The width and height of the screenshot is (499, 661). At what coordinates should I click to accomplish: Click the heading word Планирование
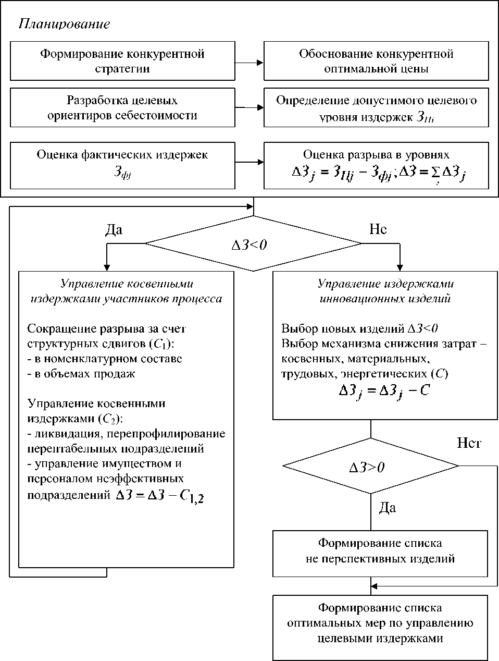64,24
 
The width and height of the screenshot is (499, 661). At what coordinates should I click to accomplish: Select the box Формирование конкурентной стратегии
122,61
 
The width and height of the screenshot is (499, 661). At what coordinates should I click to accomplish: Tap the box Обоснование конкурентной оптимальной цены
376,61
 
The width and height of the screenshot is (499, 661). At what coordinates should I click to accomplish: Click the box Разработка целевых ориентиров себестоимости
122,107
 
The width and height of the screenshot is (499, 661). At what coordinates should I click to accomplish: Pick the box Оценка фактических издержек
122,162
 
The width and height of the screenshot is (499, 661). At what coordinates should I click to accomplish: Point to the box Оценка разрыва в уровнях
376,165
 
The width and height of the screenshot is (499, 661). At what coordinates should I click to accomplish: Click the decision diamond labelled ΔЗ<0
253,243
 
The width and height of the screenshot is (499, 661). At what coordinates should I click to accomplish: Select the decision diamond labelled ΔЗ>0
370,466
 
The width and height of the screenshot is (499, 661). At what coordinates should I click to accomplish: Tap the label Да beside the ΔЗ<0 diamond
114,229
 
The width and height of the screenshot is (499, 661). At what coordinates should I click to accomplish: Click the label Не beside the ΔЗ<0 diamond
378,229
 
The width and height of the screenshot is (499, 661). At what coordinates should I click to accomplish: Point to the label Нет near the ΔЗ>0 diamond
469,443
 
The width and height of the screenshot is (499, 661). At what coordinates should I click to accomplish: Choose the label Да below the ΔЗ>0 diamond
387,507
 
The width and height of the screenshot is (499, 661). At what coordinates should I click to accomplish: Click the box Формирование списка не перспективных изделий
380,551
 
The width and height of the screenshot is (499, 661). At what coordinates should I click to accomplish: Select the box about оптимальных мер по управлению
380,623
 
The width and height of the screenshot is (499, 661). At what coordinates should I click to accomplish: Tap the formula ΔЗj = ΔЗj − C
384,391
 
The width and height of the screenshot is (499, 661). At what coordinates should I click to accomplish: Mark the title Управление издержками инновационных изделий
385,291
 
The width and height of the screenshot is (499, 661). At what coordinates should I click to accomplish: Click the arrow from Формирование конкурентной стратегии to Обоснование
249,63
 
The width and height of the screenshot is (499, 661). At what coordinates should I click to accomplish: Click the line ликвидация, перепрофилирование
126,434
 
